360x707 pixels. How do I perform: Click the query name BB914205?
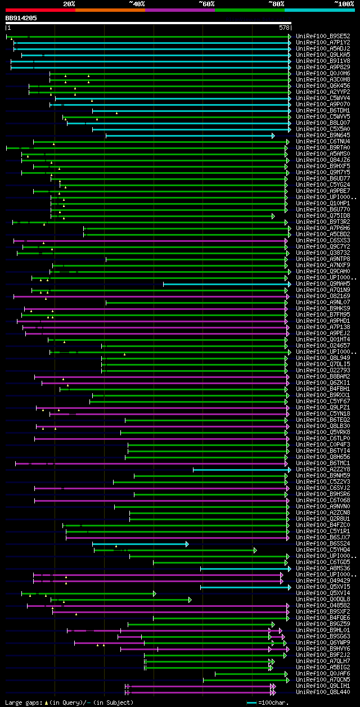tap(21, 18)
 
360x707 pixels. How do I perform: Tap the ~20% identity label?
tap(69, 3)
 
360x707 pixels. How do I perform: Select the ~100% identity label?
tap(344, 3)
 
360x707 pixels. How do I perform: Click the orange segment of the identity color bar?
tap(110, 10)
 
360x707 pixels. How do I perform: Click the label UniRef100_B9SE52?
tap(323, 37)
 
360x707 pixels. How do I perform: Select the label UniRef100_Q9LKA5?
tap(323, 55)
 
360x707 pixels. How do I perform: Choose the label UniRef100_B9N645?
tap(323, 136)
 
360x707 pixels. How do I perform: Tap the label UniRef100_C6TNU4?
tap(323, 142)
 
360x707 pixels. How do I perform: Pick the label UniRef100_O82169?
tap(323, 296)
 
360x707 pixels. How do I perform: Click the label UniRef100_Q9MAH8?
tap(323, 284)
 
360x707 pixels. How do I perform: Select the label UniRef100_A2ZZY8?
tap(323, 470)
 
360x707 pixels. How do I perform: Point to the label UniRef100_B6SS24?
tap(323, 544)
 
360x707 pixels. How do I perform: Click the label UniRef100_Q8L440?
tap(323, 692)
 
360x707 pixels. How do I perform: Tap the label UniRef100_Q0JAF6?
tap(323, 674)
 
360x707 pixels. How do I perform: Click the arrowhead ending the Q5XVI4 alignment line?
tap(155, 593)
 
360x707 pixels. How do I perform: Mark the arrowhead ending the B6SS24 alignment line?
tap(187, 544)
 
